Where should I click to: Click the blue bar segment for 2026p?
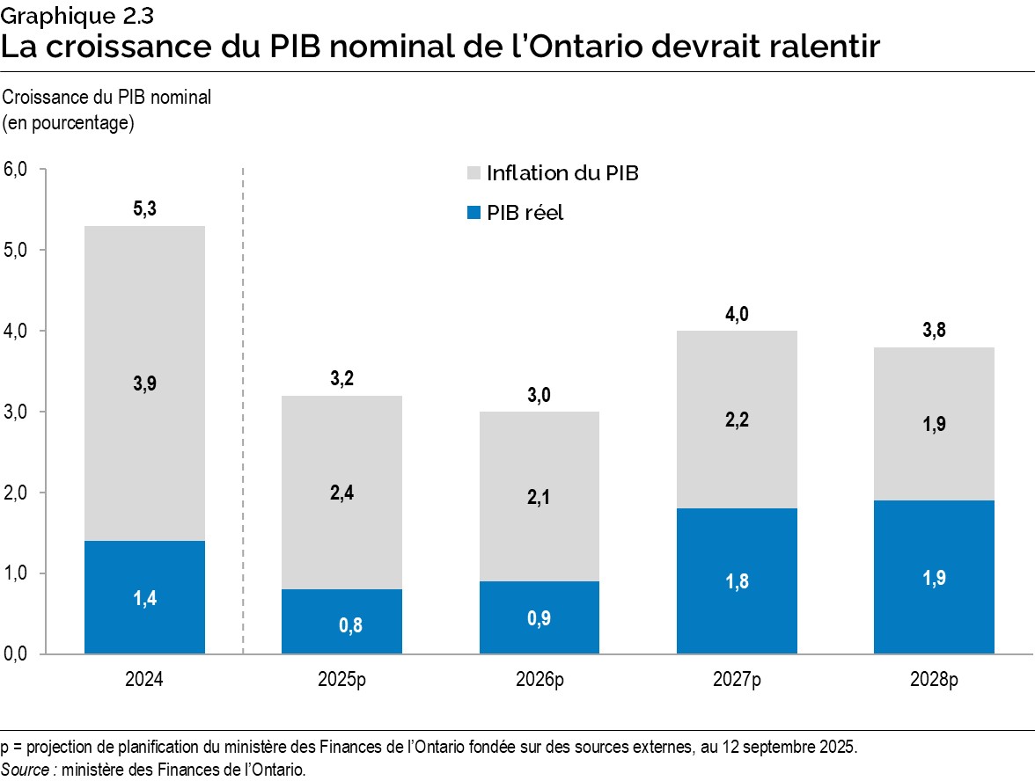tap(540, 617)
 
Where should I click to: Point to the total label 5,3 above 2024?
tap(145, 209)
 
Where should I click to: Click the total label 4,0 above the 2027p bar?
tap(737, 314)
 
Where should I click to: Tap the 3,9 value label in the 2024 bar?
tap(145, 383)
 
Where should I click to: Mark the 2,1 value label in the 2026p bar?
tap(540, 498)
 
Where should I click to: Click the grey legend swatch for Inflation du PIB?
tap(473, 173)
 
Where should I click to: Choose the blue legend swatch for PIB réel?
tap(473, 212)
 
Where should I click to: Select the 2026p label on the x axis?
tap(540, 680)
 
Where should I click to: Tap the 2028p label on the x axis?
tap(934, 680)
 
